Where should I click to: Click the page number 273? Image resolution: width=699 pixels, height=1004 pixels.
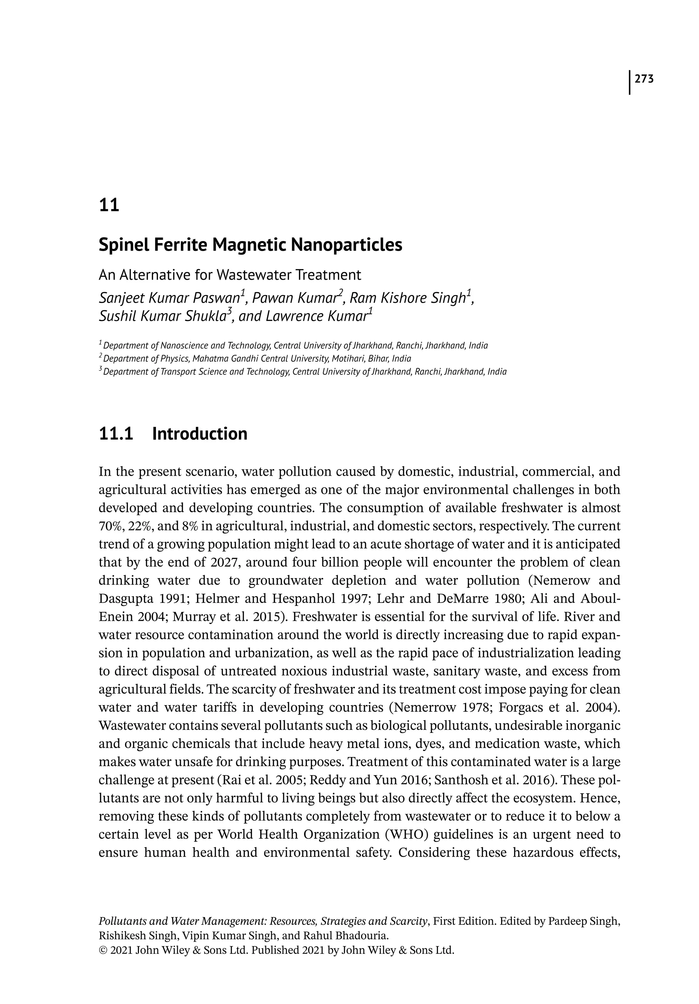[x=644, y=79]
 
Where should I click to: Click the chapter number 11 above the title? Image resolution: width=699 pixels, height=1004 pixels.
[x=109, y=205]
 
